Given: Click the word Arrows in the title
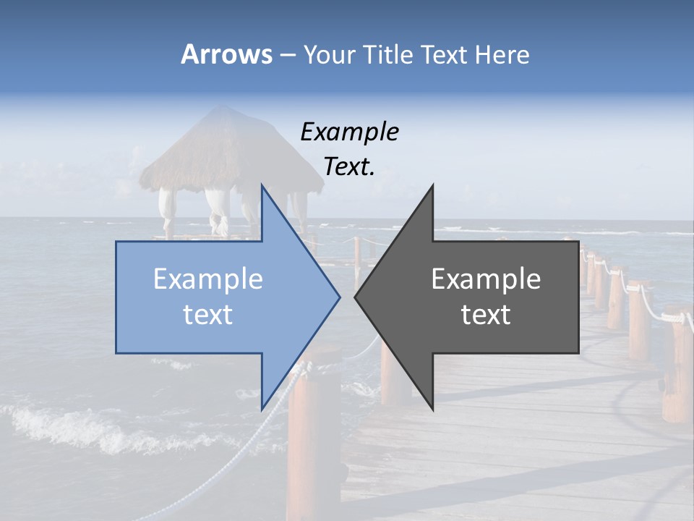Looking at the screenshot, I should click(226, 54).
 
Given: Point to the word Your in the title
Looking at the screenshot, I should click(330, 54).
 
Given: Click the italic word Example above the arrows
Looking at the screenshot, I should click(349, 132).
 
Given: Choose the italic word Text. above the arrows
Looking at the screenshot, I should click(349, 166).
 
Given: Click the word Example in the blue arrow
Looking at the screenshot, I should click(207, 279).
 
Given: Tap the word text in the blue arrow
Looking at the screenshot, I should click(207, 314).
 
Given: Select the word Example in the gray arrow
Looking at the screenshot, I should click(486, 279).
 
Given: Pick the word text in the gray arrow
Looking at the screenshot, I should click(486, 314).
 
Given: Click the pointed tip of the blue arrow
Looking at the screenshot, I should click(338, 296).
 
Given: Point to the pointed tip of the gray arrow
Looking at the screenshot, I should click(356, 296).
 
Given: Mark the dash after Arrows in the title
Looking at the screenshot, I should click(287, 55).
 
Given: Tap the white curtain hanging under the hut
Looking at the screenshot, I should click(216, 210).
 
